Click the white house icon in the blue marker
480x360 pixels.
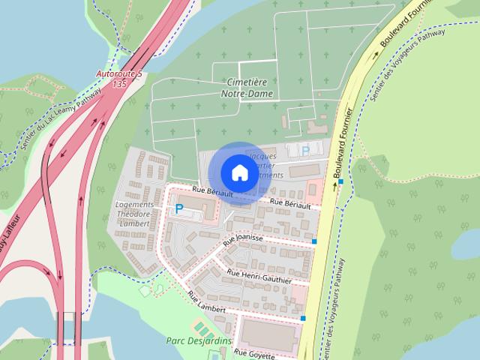[238, 172]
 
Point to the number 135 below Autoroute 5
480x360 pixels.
[118, 85]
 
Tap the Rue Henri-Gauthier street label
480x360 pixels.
[259, 277]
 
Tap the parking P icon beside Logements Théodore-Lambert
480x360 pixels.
[178, 209]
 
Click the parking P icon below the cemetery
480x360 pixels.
[305, 151]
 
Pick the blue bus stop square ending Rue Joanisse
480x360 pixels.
[314, 241]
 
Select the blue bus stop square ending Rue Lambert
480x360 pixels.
[304, 319]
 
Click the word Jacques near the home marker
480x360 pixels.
[263, 156]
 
